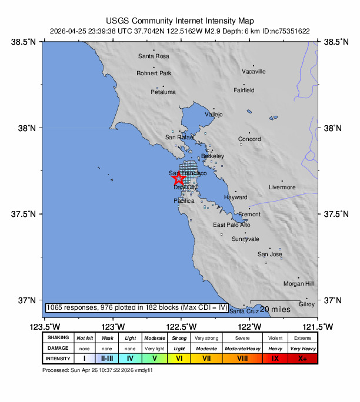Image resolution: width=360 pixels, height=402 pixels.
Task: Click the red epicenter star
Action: point(179,180)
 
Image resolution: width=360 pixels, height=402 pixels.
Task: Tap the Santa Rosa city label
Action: point(154,56)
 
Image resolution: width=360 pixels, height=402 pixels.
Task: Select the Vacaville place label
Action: point(254,72)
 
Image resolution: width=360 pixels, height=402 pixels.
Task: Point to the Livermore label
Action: point(282,187)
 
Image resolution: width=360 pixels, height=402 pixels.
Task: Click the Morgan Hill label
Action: point(298,283)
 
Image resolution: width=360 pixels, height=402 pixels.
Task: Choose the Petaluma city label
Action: point(163,92)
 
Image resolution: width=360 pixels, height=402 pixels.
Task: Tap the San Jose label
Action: point(270,254)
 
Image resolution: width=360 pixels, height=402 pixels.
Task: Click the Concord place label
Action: point(249,139)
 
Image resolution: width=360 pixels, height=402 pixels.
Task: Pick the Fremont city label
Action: point(249,215)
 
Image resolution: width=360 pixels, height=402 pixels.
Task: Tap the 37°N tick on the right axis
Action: point(333,300)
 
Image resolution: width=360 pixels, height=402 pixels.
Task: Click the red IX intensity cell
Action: point(275,358)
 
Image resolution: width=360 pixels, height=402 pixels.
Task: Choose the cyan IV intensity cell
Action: point(130,358)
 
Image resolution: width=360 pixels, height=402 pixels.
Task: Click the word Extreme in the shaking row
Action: point(302,338)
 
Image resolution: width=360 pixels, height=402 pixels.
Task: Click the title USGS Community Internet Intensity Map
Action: point(179,19)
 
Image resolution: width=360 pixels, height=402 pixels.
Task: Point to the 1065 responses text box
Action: point(136,307)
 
